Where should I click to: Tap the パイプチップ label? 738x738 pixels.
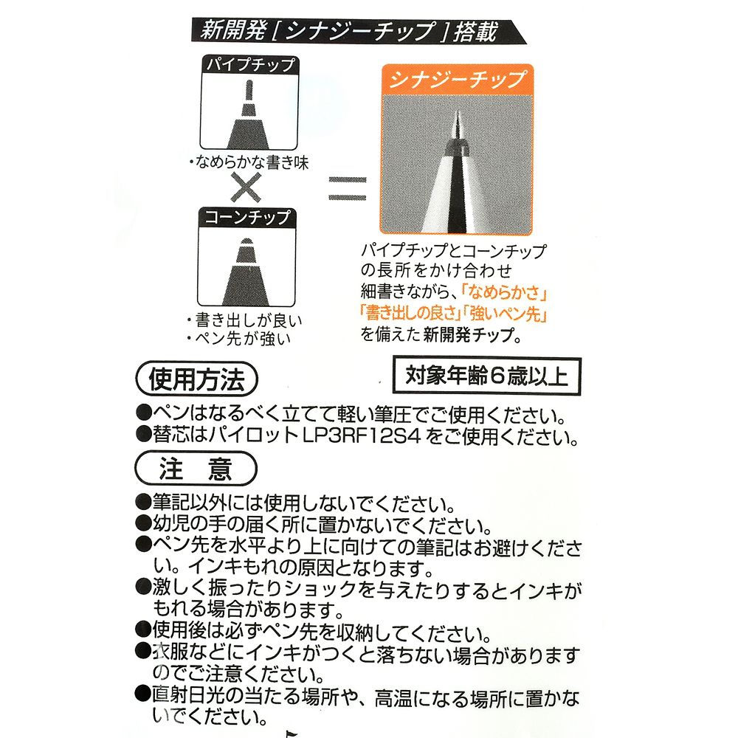(249, 64)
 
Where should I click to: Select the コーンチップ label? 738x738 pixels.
(249, 217)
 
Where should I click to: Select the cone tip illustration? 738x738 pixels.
(249, 269)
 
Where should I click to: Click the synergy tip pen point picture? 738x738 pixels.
(456, 166)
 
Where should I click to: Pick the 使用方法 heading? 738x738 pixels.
(195, 380)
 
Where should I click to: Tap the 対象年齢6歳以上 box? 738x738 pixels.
(487, 376)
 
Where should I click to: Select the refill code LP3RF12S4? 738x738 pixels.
(362, 437)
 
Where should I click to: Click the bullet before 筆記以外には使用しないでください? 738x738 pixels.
(143, 504)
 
